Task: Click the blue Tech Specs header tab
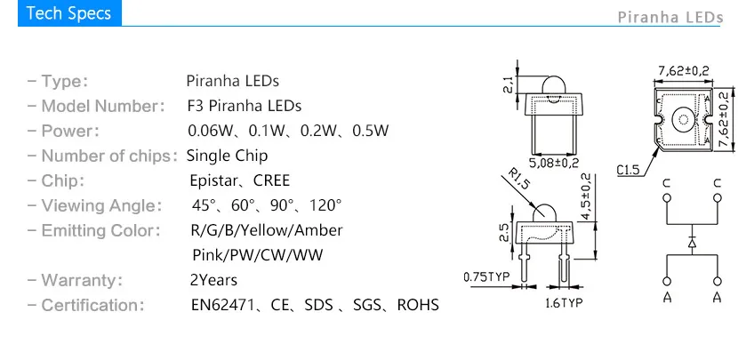tap(69, 13)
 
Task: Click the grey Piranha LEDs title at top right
tap(670, 18)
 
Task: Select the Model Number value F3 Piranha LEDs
tap(245, 106)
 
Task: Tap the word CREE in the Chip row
tap(271, 180)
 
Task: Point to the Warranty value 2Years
tap(213, 280)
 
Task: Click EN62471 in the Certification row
tap(222, 305)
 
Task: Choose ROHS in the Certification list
tap(418, 305)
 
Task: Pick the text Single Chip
tap(227, 156)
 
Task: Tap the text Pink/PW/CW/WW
tap(258, 255)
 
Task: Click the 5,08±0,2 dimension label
tap(554, 164)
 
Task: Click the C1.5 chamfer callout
tap(629, 170)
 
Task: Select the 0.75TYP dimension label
tap(486, 276)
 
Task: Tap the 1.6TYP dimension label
tap(564, 302)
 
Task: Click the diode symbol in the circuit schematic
tap(692, 243)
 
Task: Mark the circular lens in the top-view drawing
tap(683, 120)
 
